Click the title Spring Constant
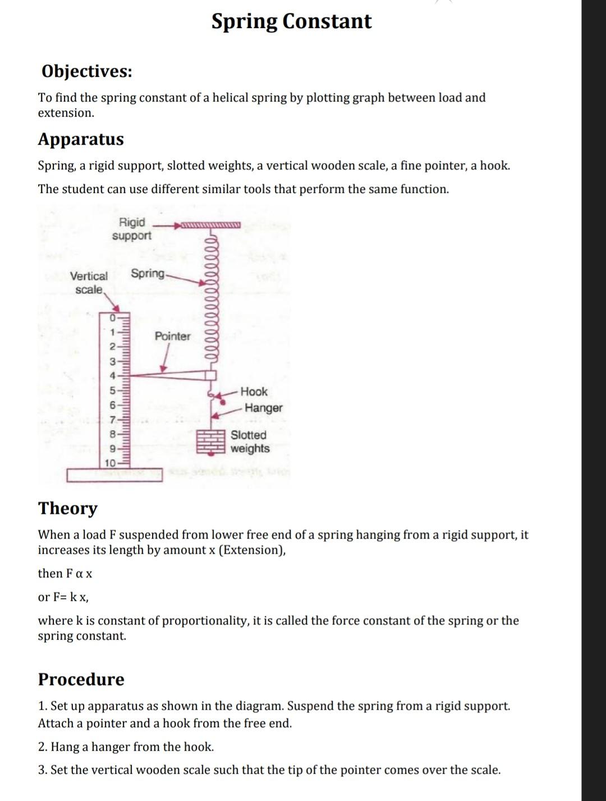coord(291,21)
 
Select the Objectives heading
coord(87,71)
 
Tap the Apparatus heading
coord(81,139)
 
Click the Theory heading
coord(68,508)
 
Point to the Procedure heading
coord(81,679)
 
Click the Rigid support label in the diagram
coord(132,229)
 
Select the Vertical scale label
coord(89,283)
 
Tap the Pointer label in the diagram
coord(172,337)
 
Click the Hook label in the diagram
coord(254,392)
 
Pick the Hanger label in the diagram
coord(263,408)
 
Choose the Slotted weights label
coord(250,441)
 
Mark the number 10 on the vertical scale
coord(111,463)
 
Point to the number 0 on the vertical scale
coord(112,319)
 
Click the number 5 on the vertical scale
coord(112,390)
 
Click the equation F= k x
coord(63,597)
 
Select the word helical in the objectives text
coord(231,98)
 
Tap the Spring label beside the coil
coord(148,273)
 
